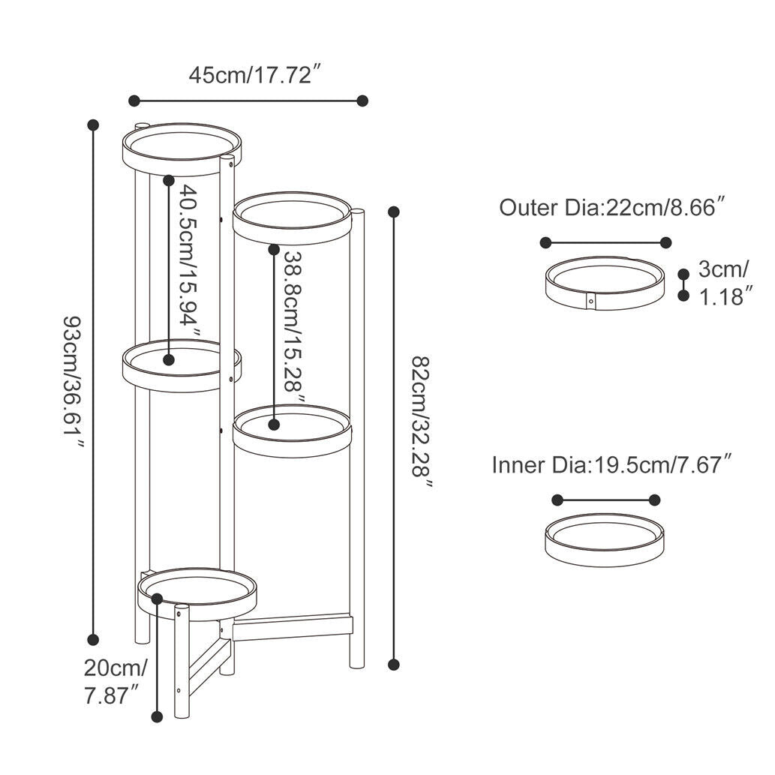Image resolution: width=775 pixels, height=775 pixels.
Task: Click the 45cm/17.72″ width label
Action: coord(256,76)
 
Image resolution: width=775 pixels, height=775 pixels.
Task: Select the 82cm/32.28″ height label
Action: coord(422,423)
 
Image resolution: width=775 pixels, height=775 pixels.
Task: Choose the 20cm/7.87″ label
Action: coord(116,682)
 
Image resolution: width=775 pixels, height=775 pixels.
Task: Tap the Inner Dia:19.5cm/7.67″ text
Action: coord(611,465)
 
